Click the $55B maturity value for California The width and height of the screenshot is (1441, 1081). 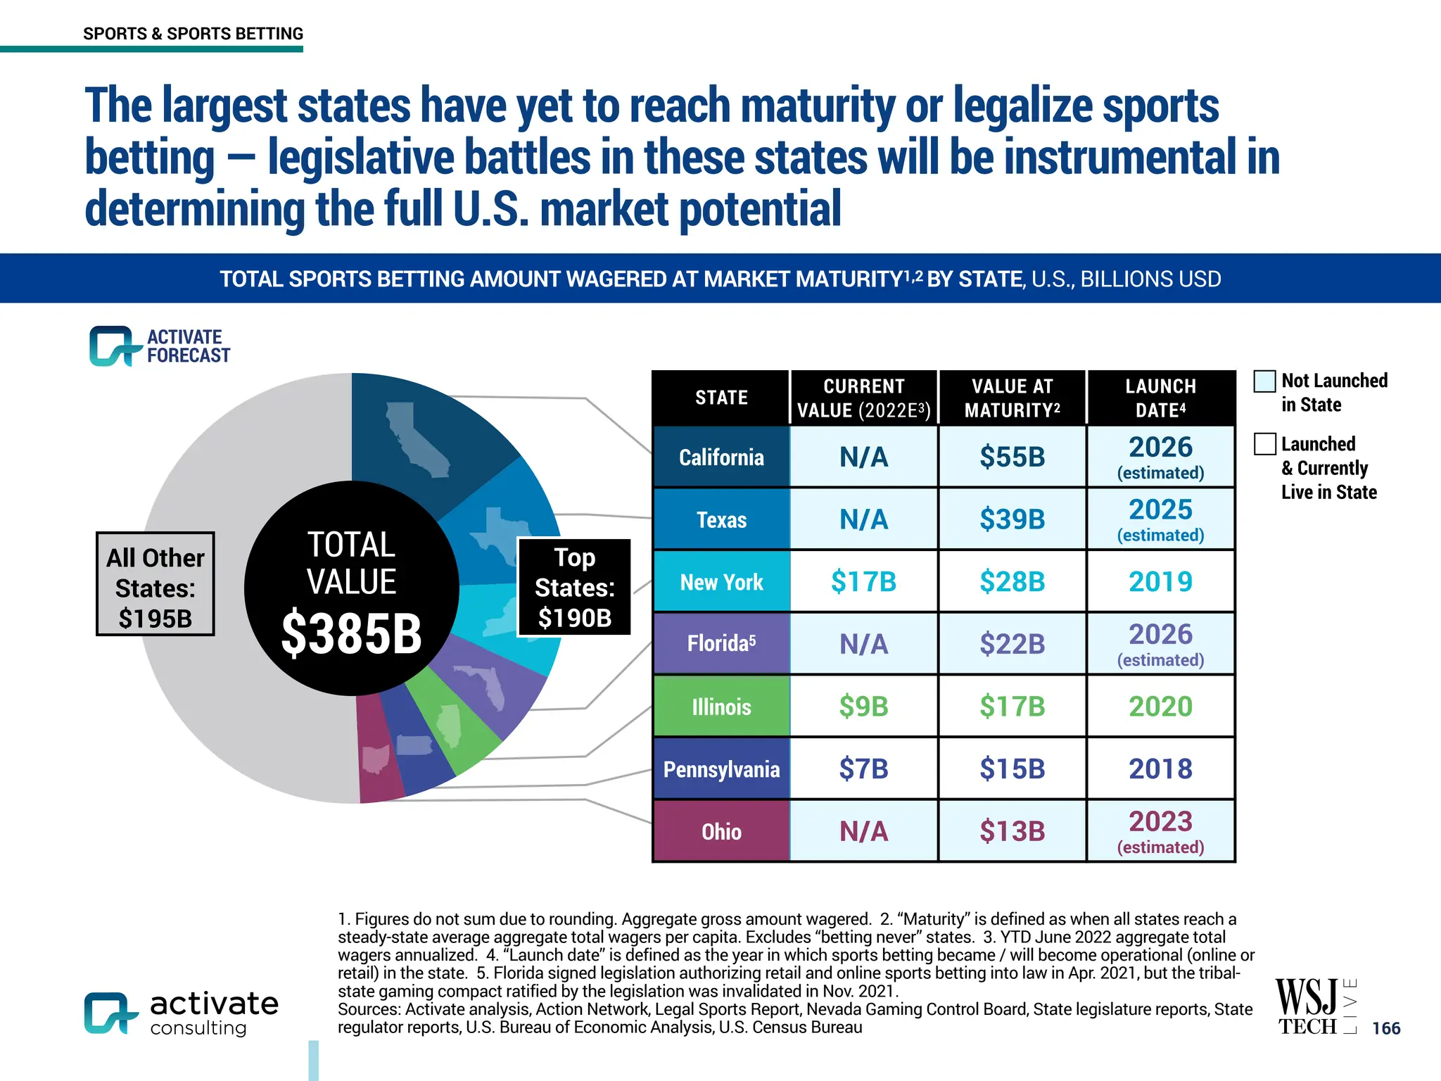[1012, 457]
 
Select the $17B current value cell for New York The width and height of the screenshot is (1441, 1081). [863, 582]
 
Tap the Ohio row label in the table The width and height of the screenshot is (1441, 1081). [721, 832]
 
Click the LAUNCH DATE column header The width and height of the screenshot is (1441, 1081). [1160, 398]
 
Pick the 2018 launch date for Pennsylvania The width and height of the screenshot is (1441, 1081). [1160, 769]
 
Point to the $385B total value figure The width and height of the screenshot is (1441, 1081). [351, 634]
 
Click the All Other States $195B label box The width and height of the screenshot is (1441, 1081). [155, 584]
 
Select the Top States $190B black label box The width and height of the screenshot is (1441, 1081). [574, 588]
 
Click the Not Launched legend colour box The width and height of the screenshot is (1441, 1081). [1264, 381]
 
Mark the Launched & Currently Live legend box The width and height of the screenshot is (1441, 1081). [1264, 444]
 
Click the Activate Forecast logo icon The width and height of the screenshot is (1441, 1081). [110, 346]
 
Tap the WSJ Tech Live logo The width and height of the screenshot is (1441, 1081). [1314, 1007]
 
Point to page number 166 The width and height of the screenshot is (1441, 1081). [1385, 1028]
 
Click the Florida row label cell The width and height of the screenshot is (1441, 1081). [721, 644]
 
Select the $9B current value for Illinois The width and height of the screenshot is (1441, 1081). [863, 707]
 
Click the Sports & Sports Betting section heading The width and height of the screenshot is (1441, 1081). [193, 34]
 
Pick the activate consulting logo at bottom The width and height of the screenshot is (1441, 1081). [181, 1013]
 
